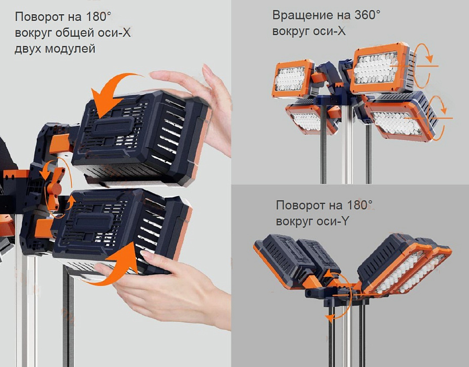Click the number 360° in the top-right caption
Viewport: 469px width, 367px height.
pos(367,15)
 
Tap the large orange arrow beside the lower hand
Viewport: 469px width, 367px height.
pos(118,263)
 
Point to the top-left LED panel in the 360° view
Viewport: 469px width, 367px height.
pos(293,79)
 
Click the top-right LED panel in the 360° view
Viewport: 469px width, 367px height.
pos(380,68)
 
